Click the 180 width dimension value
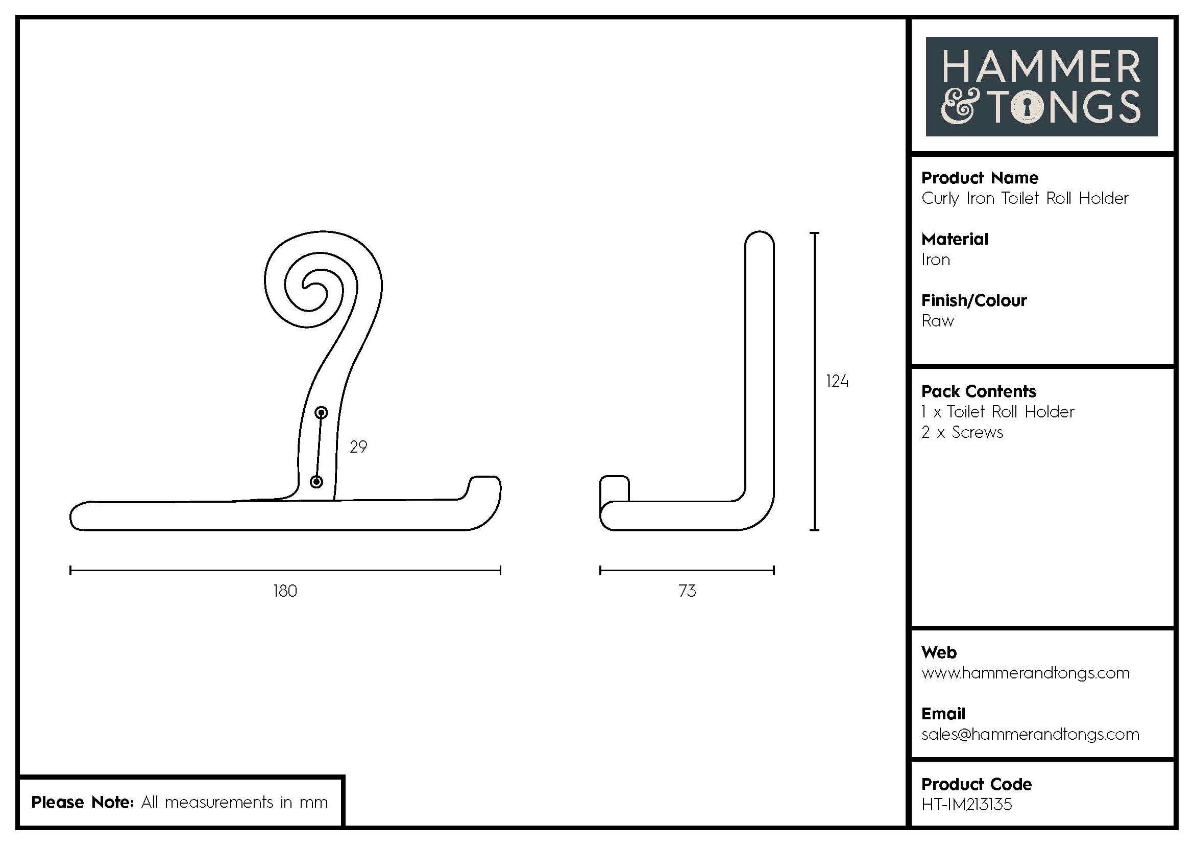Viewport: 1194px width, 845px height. coord(285,591)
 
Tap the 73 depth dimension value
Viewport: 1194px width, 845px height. coord(687,591)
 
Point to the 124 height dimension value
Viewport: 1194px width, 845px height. coord(837,382)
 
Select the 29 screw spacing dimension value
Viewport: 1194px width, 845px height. coord(358,447)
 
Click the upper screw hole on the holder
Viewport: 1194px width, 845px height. coord(322,413)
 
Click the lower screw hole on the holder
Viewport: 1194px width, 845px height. coord(316,482)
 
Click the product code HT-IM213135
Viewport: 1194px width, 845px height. coord(967,805)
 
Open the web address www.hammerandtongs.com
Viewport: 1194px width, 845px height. coord(1025,673)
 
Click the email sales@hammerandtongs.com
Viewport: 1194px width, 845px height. coord(1030,734)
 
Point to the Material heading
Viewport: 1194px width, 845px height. coord(954,239)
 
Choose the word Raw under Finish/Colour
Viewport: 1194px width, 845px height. coord(937,321)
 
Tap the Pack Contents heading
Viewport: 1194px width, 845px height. coord(978,391)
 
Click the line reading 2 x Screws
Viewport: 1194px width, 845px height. coord(962,432)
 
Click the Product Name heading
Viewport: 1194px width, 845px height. coord(979,178)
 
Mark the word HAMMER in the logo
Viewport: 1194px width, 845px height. coord(1041,67)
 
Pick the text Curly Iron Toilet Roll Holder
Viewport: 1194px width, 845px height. coord(1025,198)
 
